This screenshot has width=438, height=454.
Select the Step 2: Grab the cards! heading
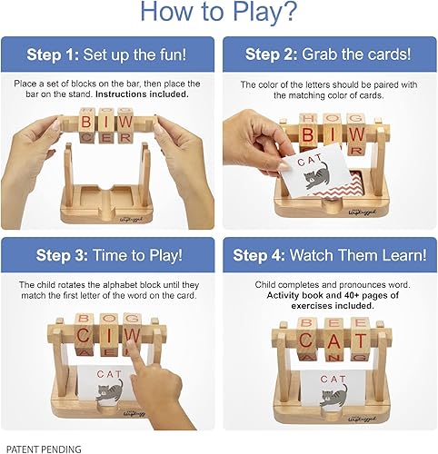coord(328,54)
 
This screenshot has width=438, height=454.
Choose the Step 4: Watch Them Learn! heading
coord(328,253)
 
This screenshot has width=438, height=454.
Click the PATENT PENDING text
coord(43,448)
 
